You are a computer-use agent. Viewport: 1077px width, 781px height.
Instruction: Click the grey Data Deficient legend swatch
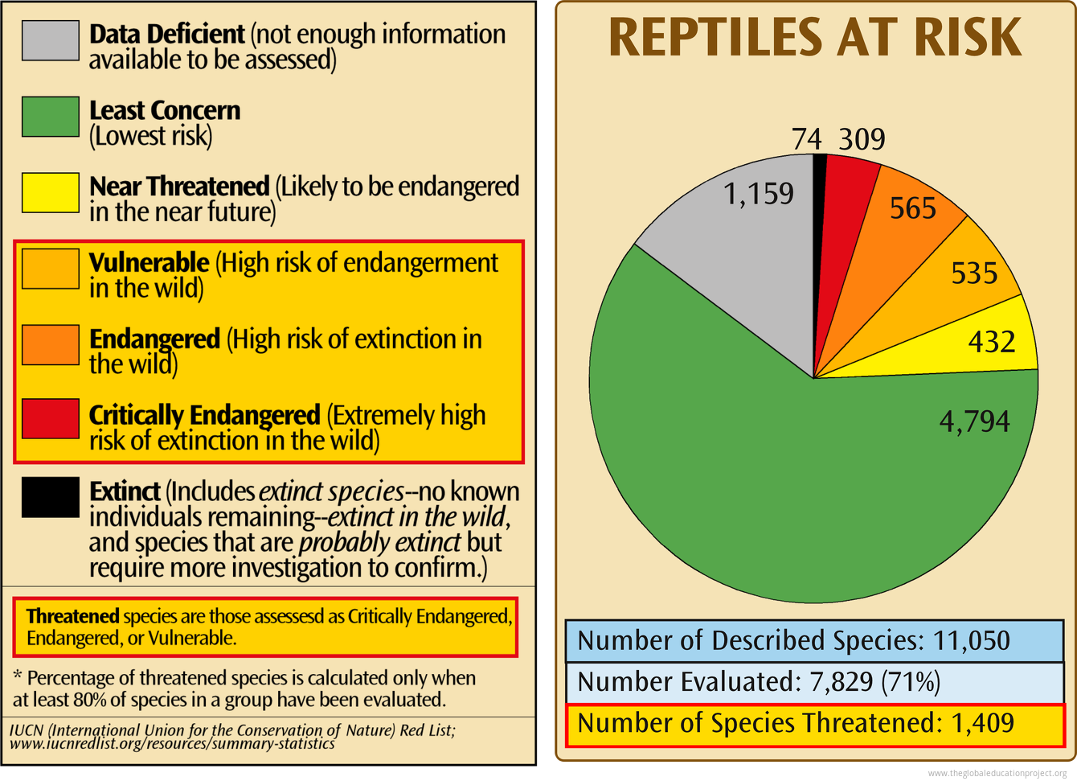[x=50, y=40]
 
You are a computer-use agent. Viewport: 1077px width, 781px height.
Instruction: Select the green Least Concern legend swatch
[x=50, y=117]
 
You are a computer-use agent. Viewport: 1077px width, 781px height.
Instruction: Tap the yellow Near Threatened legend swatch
[x=50, y=193]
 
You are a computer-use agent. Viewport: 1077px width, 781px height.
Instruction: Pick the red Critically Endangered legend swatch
[x=50, y=419]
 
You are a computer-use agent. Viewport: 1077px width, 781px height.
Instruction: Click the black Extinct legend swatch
[x=50, y=497]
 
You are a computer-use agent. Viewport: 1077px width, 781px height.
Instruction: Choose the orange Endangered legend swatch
[x=50, y=344]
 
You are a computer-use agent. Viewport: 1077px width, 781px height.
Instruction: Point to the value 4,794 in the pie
[x=975, y=421]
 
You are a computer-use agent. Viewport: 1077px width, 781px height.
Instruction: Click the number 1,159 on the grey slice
[x=759, y=193]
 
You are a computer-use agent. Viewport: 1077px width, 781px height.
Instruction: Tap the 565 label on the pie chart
[x=913, y=209]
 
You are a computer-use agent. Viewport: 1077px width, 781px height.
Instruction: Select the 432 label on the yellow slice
[x=991, y=342]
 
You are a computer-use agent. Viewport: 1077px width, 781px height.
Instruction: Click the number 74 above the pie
[x=807, y=140]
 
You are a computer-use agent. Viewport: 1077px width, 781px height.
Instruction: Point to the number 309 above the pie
[x=862, y=140]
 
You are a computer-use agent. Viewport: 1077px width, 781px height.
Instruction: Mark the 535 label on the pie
[x=974, y=273]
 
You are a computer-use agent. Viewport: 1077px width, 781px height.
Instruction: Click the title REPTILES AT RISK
[x=815, y=37]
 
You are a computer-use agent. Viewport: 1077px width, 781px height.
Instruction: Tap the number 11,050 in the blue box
[x=971, y=640]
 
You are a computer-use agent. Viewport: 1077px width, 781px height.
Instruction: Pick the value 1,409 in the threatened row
[x=982, y=723]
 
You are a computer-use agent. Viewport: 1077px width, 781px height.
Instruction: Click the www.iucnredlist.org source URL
[x=174, y=744]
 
